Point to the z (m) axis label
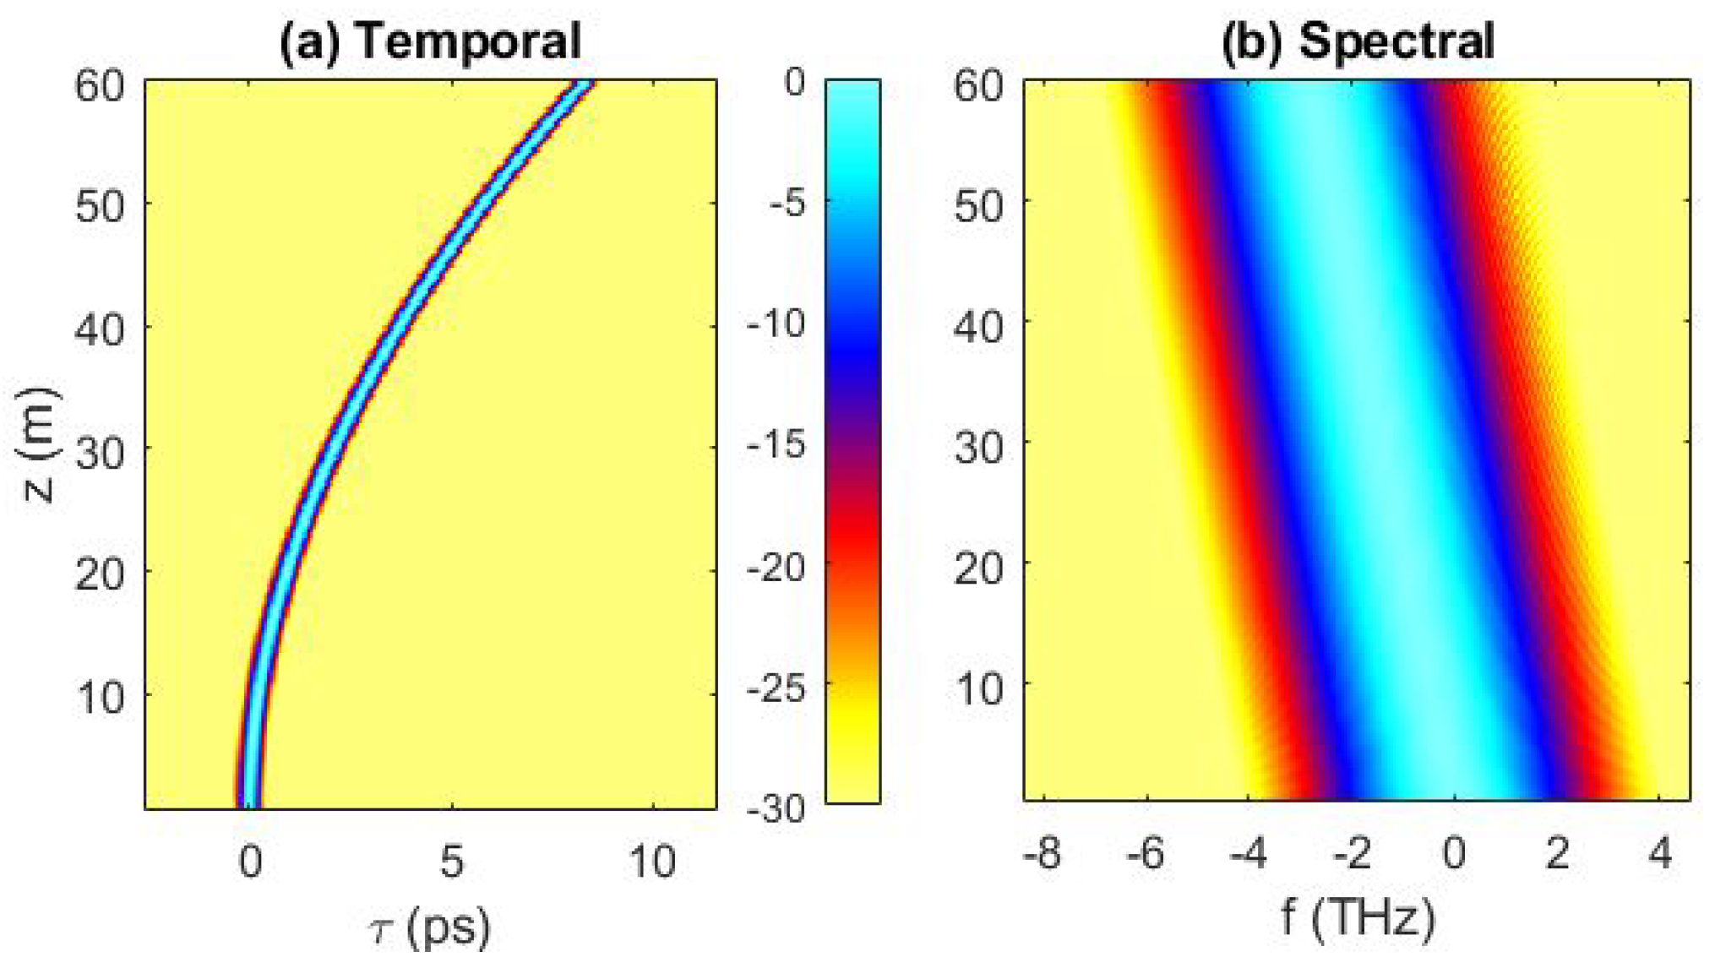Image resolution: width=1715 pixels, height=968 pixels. point(38,445)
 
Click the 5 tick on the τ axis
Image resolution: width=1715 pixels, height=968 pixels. point(452,862)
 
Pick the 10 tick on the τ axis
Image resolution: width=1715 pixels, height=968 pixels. point(652,862)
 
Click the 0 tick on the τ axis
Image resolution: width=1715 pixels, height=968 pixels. point(250,862)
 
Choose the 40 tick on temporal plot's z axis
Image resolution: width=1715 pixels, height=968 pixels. point(100,328)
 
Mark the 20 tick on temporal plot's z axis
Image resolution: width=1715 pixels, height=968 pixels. point(100,574)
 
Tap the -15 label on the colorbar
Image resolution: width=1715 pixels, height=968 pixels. point(776,443)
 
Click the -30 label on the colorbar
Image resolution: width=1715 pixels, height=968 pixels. point(776,808)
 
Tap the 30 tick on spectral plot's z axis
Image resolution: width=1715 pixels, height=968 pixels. point(978,446)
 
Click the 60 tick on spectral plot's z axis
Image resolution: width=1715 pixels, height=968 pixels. point(978,84)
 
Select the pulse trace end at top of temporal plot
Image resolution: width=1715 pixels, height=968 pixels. point(583,86)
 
